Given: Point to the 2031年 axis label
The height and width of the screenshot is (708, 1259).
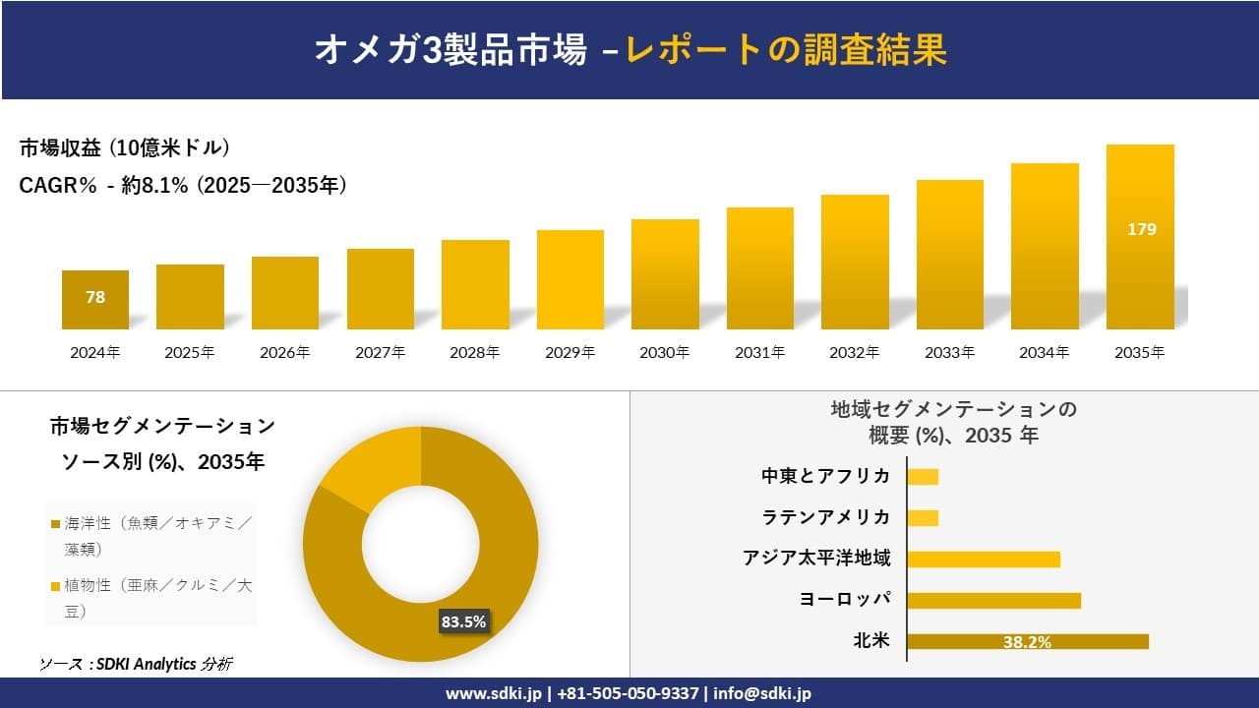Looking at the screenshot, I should coord(760,352).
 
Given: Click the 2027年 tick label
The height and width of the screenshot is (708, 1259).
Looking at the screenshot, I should coord(381,352).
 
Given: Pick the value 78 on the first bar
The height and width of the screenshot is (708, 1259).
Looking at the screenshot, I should coord(95,297).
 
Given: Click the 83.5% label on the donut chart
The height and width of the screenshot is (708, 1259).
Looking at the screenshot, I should coord(464,621).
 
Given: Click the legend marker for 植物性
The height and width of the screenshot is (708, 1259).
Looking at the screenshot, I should coord(56,586).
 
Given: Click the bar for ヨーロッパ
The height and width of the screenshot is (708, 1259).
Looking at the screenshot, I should coord(993,600).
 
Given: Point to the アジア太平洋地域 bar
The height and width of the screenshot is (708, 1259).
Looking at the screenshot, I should coord(984,560).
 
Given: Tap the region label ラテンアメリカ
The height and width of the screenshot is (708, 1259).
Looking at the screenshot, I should coord(826,517).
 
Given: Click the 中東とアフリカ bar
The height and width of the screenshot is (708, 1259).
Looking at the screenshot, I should coord(923,477).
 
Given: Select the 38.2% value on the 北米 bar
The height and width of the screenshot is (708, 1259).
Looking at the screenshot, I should coord(1027,643).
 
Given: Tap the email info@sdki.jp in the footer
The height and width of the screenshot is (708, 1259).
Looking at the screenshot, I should coord(763,693).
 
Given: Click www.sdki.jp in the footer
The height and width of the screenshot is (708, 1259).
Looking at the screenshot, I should coord(492,693).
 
